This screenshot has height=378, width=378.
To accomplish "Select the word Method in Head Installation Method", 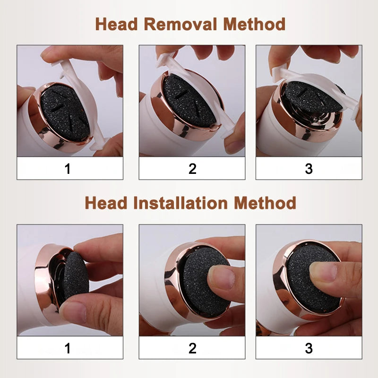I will click(x=265, y=203).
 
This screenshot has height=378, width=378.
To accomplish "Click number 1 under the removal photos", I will click(x=68, y=169).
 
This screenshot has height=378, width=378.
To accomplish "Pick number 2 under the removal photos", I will click(x=192, y=169).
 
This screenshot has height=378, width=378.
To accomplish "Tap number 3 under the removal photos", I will click(x=309, y=169).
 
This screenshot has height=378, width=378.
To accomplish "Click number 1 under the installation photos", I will click(x=68, y=349).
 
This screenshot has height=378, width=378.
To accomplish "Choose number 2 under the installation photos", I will click(x=192, y=349).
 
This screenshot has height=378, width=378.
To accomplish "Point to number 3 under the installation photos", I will click(x=309, y=349).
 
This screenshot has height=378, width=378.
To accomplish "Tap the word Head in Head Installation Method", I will click(x=104, y=203).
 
